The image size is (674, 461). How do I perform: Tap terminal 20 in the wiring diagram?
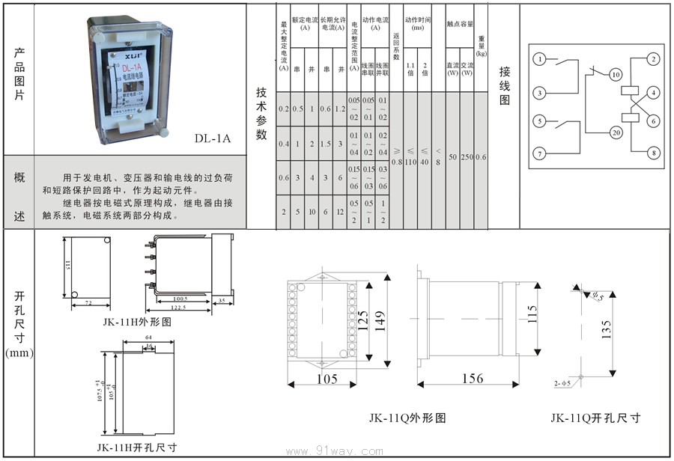[616, 132]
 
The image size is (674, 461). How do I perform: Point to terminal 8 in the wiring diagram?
[653, 153]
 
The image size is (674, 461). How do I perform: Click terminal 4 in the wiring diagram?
[653, 93]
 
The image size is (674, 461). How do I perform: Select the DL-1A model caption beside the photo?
[213, 138]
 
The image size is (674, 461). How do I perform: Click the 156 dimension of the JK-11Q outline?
[472, 379]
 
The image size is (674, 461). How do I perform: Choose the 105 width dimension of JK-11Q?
[326, 379]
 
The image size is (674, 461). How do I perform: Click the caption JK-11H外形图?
[137, 322]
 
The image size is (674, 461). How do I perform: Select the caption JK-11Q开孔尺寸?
[595, 418]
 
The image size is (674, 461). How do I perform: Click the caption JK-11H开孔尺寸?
[137, 447]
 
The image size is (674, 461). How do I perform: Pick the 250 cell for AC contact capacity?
[467, 157]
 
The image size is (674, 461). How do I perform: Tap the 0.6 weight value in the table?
[481, 157]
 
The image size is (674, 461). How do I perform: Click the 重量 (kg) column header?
[481, 46]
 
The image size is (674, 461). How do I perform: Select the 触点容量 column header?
[459, 24]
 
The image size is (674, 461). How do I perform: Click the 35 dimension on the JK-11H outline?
[222, 301]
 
